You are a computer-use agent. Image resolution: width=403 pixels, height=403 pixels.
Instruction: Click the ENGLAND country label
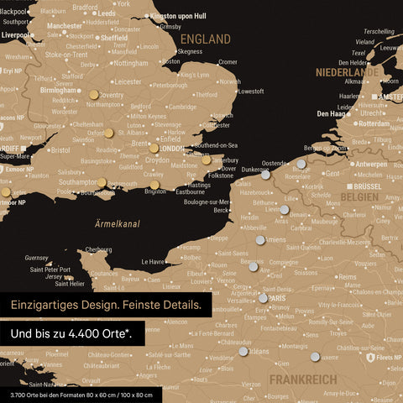click(x=206, y=39)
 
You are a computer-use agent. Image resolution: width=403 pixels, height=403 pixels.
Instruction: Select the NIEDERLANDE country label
click(x=348, y=72)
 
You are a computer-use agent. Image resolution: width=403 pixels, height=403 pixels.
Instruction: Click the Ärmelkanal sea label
click(x=117, y=223)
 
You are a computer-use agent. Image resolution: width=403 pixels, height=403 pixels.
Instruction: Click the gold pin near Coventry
click(x=93, y=96)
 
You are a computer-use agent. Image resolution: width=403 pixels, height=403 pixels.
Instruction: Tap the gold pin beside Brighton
click(x=154, y=185)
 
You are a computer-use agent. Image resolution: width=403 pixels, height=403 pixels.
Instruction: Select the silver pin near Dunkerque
click(x=265, y=175)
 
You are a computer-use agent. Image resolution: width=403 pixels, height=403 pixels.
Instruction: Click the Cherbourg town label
click(x=98, y=249)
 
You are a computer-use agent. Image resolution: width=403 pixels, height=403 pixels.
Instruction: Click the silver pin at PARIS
click(x=263, y=297)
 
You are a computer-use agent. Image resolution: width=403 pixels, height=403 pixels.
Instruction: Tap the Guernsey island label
click(x=37, y=258)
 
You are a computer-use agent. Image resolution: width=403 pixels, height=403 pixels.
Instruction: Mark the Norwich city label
click(x=228, y=81)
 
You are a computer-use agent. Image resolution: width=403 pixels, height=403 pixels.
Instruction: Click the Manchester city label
click(x=64, y=26)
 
